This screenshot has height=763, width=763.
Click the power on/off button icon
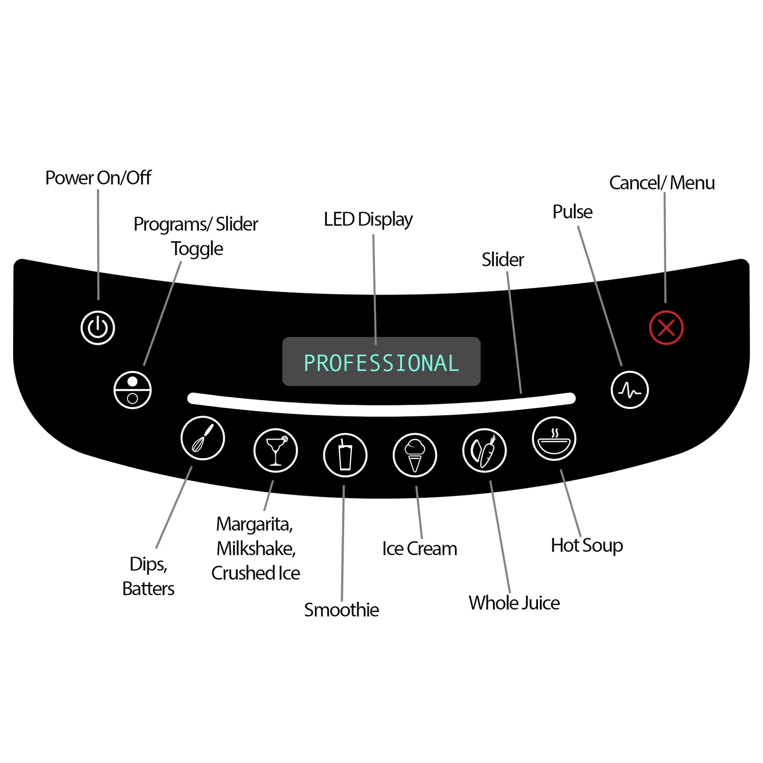pos(97,328)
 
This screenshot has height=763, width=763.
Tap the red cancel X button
pos(666,328)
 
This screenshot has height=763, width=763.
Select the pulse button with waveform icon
pos(629,390)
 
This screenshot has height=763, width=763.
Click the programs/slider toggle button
pos(133,390)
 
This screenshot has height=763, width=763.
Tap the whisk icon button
pos(203,438)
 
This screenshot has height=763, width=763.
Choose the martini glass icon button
pos(276,450)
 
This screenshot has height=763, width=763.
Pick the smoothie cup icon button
pos(345,455)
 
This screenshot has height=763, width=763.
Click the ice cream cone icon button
pos(415,455)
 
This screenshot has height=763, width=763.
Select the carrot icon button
pos(484,450)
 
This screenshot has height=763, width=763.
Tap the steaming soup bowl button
pos(554,438)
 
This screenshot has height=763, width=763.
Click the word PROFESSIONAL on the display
pos(381,363)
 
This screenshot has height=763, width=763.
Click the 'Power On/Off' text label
pos(98,178)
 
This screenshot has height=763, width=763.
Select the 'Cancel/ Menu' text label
pos(662,183)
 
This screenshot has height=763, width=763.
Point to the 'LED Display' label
pos(368,220)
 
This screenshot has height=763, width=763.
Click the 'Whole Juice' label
pos(514,603)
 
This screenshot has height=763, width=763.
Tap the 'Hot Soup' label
pos(587,546)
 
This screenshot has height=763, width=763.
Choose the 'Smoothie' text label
pos(341,610)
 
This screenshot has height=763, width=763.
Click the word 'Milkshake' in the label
pos(256,549)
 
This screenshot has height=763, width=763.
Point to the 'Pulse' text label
pos(572,212)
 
